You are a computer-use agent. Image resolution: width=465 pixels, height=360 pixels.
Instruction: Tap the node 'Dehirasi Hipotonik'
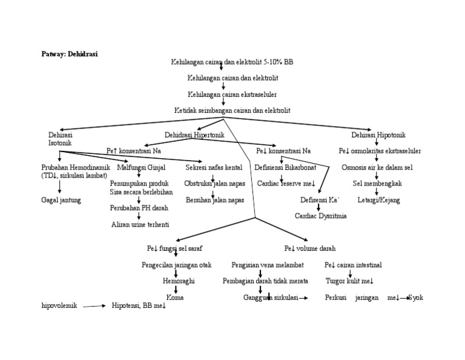(378, 135)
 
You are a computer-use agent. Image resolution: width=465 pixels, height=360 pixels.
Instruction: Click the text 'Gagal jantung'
(61, 199)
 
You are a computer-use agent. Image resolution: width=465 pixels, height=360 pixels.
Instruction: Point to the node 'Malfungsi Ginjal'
(140, 167)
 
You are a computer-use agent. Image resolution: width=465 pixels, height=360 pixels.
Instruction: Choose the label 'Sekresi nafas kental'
(214, 167)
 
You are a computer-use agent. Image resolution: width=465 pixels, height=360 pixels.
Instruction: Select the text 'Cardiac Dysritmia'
(321, 216)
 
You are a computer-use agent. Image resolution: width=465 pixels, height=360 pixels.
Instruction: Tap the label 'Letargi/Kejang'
(378, 199)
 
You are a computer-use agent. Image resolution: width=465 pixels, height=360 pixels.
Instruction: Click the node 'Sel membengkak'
(377, 183)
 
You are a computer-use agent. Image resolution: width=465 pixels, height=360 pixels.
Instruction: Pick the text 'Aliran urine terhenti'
(140, 224)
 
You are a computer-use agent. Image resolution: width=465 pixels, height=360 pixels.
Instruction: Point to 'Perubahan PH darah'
(139, 208)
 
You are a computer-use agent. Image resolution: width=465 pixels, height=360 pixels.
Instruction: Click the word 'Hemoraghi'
(176, 281)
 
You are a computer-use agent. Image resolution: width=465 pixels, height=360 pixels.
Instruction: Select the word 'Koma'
(175, 298)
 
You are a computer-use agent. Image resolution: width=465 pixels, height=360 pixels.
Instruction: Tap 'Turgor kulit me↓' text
(349, 281)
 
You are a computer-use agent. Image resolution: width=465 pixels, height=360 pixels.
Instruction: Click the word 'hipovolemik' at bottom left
(59, 306)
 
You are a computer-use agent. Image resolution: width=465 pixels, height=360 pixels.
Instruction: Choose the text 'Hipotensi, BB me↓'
(139, 306)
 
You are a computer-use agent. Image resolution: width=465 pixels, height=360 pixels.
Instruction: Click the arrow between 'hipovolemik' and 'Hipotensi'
(94, 307)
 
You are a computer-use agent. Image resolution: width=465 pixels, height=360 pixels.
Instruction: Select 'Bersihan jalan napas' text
(214, 199)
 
